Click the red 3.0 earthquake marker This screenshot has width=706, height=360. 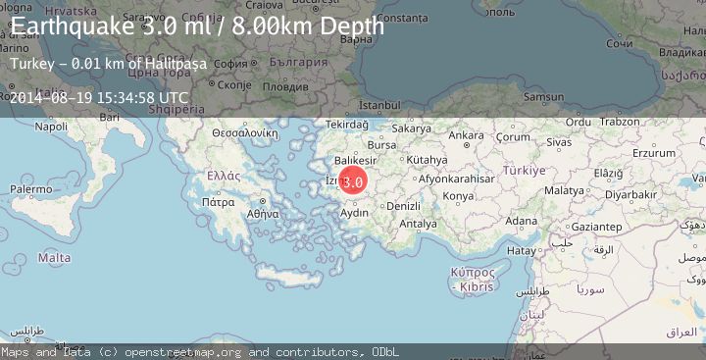tap(353, 180)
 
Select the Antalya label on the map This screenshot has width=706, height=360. tap(419, 224)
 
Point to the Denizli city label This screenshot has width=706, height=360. tap(403, 206)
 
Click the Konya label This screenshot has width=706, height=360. tap(458, 196)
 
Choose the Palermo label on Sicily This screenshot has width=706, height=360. tap(31, 187)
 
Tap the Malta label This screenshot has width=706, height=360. tap(53, 257)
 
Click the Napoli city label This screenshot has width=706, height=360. tap(50, 127)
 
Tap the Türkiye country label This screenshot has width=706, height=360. tap(524, 170)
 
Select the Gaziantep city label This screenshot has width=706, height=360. tap(601, 226)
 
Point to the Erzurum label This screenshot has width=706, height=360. tap(654, 153)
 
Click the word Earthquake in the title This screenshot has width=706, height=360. tap(70, 26)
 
